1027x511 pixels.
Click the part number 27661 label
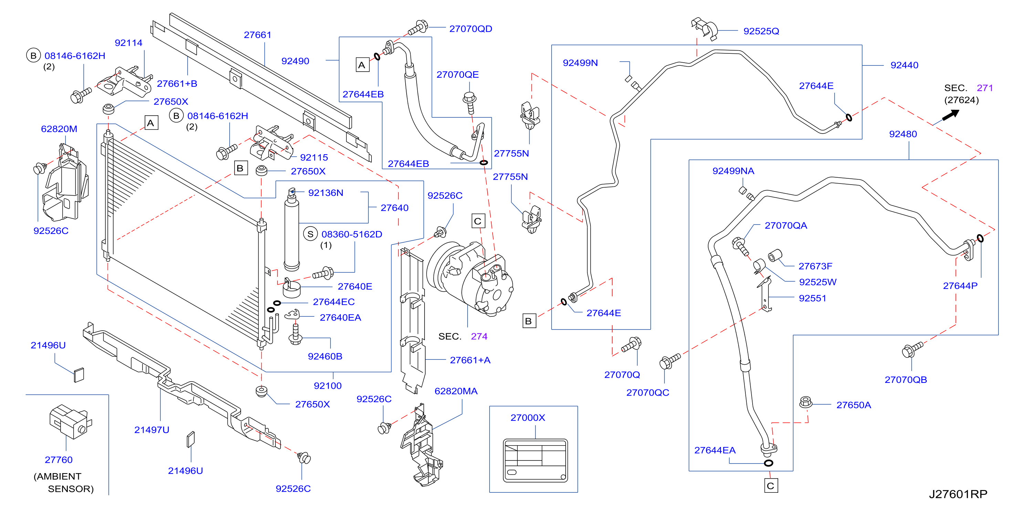point(258,35)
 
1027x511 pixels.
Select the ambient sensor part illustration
point(70,421)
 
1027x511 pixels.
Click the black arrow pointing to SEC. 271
point(951,115)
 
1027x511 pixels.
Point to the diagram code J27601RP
point(958,494)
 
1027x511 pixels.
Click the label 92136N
point(325,193)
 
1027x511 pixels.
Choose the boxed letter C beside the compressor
point(478,221)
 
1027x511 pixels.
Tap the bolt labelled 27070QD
point(417,28)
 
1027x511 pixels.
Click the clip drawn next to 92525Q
point(704,29)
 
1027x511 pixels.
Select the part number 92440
point(904,65)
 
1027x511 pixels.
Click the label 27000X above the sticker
point(527,418)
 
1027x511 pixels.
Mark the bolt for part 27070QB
point(912,350)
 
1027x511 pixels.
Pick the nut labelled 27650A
point(806,402)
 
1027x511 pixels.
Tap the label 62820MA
point(456,392)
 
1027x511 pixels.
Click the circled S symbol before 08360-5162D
point(310,234)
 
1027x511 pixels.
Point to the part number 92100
point(328,386)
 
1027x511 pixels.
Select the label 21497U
point(151,430)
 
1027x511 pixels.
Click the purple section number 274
point(479,336)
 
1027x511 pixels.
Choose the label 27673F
point(815,266)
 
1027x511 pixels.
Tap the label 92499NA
point(733,171)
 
